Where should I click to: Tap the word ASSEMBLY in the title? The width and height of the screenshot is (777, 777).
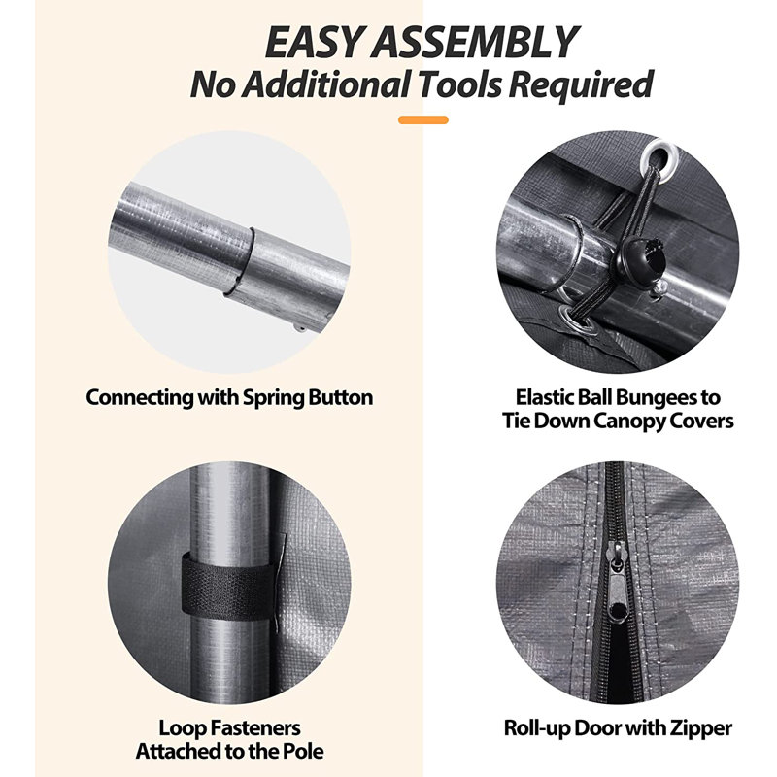click(x=476, y=42)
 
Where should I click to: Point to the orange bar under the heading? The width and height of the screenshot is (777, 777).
click(x=423, y=119)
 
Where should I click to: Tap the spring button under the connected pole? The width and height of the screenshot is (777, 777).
click(x=300, y=328)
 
